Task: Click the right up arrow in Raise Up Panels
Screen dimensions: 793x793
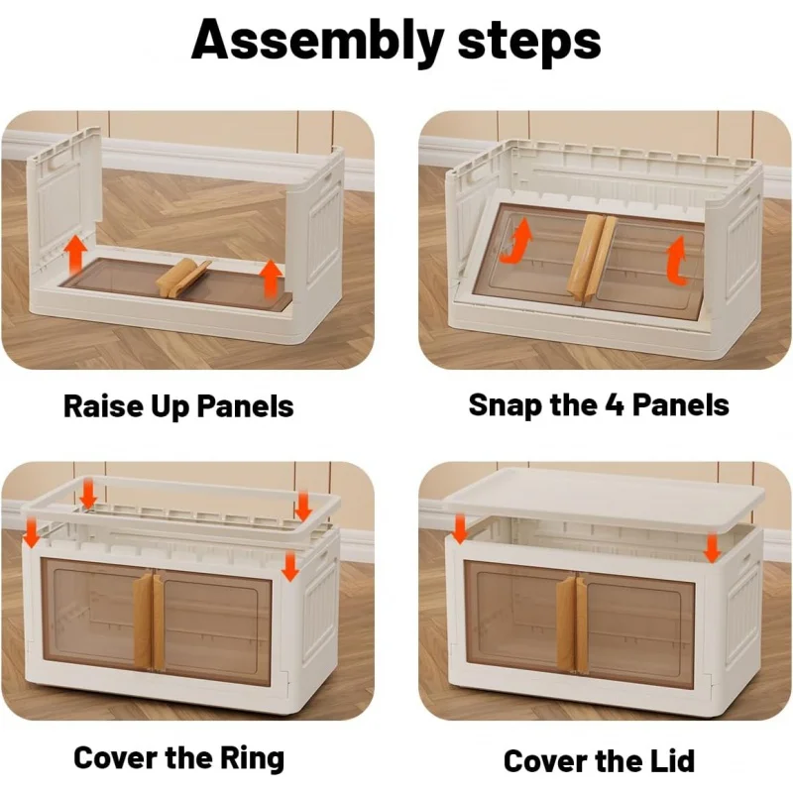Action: pos(271,277)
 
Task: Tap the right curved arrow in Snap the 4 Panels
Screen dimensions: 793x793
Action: pos(676,259)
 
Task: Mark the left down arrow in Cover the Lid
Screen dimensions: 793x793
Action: pos(460,528)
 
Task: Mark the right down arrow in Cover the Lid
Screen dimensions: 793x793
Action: pos(712,545)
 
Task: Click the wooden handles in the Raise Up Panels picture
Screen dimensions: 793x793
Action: pos(182,279)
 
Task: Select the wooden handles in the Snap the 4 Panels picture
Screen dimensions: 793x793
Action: pos(591,256)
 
